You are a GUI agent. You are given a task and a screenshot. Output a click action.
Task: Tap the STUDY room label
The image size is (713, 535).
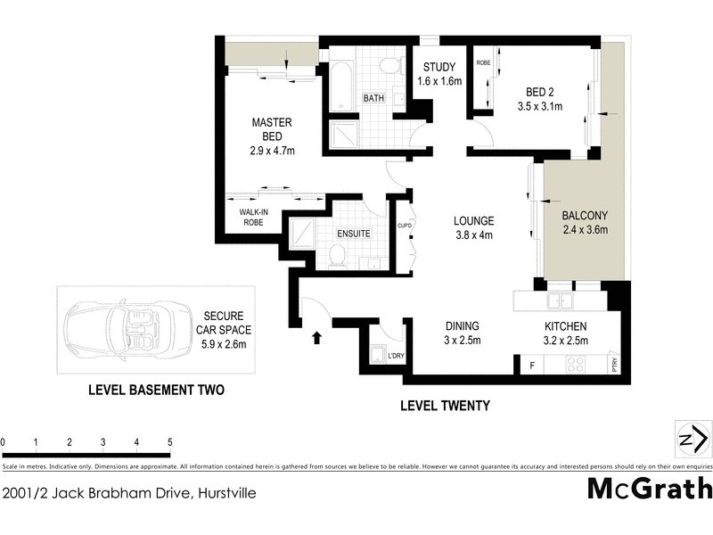pyautogui.click(x=439, y=74)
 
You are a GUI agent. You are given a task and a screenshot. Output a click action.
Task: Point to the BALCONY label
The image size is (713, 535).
pyautogui.click(x=585, y=222)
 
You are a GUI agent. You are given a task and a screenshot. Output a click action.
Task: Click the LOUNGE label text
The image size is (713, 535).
pyautogui.click(x=473, y=227)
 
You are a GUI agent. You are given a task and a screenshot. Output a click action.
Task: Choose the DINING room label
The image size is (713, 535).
pyautogui.click(x=463, y=333)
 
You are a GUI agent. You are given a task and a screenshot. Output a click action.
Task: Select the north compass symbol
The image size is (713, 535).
pyautogui.click(x=693, y=438)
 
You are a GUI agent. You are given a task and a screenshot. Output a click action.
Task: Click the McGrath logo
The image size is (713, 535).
pyautogui.click(x=649, y=489)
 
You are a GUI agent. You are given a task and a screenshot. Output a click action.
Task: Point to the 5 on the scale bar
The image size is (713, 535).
pyautogui.click(x=169, y=442)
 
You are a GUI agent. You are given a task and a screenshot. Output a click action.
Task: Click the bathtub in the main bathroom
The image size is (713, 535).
pyautogui.click(x=343, y=86)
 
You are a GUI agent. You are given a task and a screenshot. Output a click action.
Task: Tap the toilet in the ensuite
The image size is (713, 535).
pyautogui.click(x=337, y=257)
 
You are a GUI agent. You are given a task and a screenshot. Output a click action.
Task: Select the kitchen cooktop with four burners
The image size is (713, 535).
pyautogui.click(x=576, y=364)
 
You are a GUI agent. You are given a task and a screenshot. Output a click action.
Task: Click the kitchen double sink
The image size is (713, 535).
pyautogui.click(x=562, y=300)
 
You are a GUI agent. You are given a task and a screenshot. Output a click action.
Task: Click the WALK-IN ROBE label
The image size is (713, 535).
pyautogui.click(x=254, y=218)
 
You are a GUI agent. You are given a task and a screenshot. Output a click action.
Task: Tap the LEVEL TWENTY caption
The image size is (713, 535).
pyautogui.click(x=445, y=407)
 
